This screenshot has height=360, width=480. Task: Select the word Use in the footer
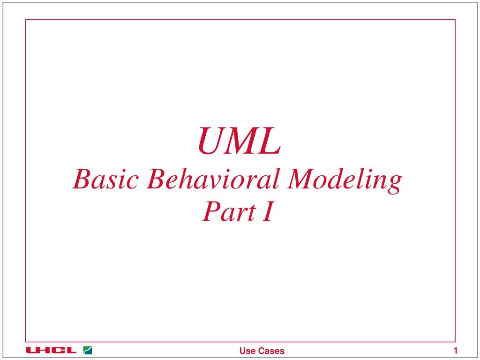point(247,351)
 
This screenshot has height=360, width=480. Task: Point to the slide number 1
point(455,350)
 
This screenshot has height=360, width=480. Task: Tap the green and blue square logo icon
point(87,350)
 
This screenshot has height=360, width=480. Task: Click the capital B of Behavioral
point(156,180)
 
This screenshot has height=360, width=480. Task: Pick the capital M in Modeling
point(303,180)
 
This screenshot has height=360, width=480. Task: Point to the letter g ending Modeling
point(395,183)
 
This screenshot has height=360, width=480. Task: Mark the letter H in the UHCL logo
point(45,350)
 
